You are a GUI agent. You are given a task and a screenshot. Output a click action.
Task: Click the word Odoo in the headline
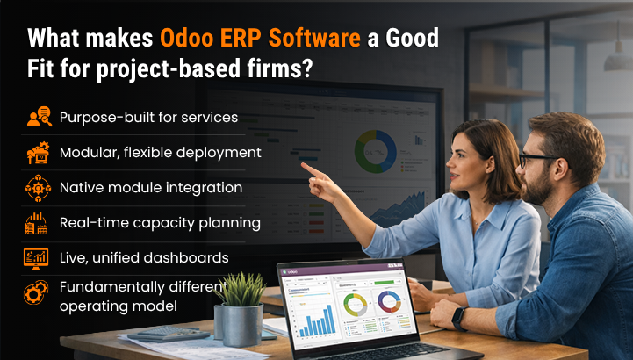coord(186,38)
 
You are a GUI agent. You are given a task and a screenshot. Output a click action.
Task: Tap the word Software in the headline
coord(314,38)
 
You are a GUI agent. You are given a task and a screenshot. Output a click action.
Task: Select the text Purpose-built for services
coord(148,118)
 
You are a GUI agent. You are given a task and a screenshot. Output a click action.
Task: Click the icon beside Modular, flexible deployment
coord(38,153)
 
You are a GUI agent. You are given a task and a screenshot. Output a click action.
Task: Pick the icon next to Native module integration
coord(38,188)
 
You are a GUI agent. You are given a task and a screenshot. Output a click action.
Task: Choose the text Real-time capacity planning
coord(160,223)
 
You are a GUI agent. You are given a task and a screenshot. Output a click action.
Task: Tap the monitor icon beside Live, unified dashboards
coord(36,259)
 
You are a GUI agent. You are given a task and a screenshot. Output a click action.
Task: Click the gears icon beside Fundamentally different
coord(36,292)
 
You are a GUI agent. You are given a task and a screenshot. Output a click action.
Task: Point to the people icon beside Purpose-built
coord(40,116)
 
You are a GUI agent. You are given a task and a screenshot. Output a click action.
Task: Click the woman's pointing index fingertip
coord(303,165)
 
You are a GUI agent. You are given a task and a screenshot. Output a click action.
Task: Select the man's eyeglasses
coord(536,159)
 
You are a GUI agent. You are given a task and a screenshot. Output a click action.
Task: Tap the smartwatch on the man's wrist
coord(459,318)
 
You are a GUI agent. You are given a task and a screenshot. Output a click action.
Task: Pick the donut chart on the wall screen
coord(376,151)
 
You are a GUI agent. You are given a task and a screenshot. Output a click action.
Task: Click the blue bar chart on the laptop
coord(317,321)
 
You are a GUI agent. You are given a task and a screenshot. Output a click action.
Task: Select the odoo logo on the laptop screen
coord(291,271)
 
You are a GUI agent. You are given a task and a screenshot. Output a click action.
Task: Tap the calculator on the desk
coord(169,334)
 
